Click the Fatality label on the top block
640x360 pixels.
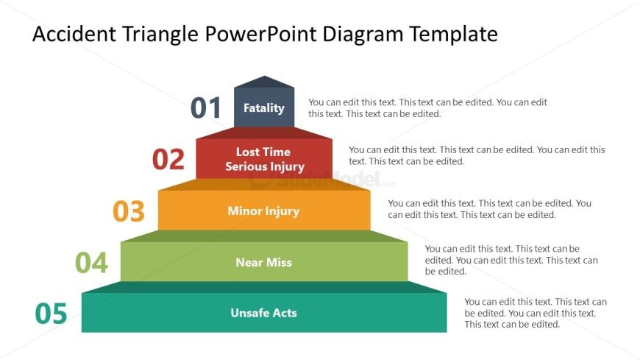(x=264, y=108)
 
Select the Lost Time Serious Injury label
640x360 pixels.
(x=264, y=159)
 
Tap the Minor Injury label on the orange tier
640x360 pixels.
(x=263, y=211)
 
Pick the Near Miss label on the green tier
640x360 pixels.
(x=263, y=262)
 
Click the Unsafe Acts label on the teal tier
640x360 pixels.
(x=263, y=313)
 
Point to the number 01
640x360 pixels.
(x=206, y=108)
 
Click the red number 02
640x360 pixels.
(x=168, y=160)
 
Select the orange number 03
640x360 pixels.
(x=129, y=211)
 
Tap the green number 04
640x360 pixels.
(x=92, y=262)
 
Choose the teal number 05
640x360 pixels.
(x=51, y=314)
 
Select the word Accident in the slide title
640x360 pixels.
(x=73, y=34)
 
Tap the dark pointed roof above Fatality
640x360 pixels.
(x=264, y=82)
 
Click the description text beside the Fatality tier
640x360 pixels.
(x=427, y=108)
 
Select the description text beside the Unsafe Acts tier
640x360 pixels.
(x=535, y=313)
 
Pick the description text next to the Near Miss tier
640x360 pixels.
(x=511, y=260)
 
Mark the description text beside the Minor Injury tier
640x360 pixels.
(x=489, y=209)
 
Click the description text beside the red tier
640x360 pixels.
(x=477, y=155)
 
